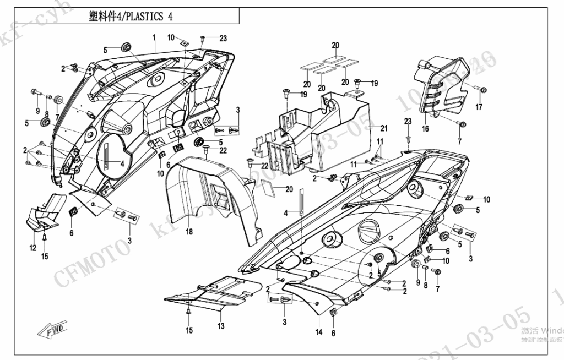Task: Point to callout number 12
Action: (33, 248)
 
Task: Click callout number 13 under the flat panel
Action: (221, 326)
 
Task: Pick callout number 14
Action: (319, 332)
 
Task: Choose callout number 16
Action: (425, 129)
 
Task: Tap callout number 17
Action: (479, 107)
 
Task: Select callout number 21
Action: (384, 128)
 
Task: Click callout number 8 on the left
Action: (47, 114)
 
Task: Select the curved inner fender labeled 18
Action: (209, 198)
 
